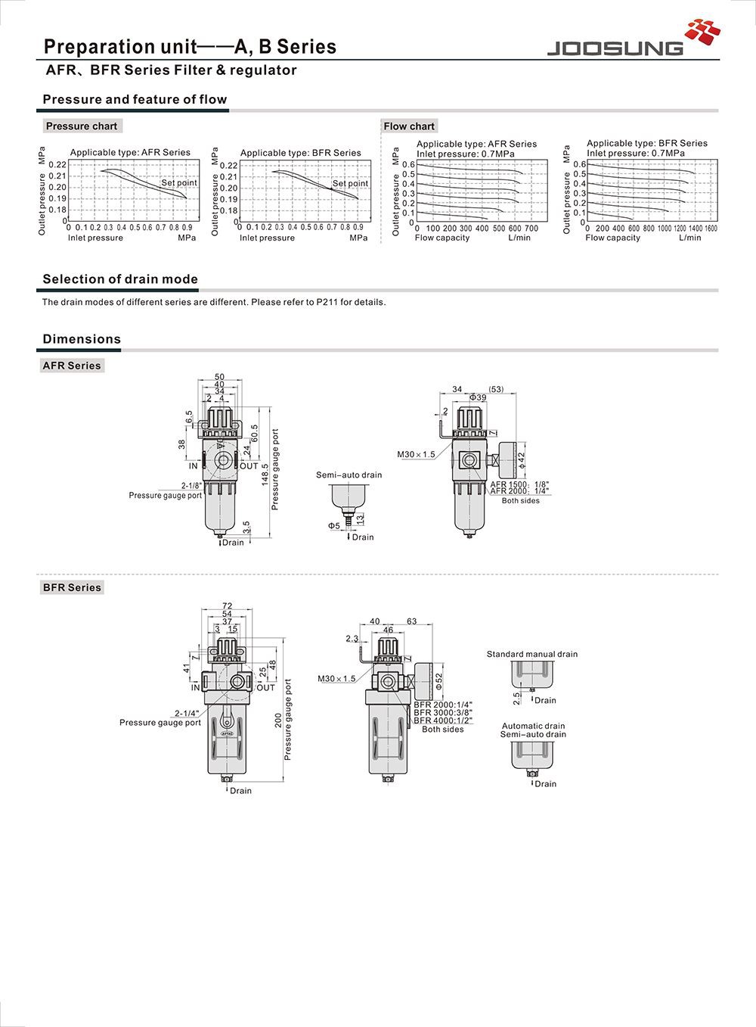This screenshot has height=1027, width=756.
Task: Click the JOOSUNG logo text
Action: point(614,48)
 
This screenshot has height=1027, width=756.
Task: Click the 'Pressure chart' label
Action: point(81,126)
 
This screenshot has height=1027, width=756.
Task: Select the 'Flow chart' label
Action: point(409,126)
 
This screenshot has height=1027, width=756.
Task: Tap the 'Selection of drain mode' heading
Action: point(120,279)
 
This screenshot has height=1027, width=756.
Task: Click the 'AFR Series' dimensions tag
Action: point(72,366)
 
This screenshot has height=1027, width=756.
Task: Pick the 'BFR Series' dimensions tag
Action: point(72,587)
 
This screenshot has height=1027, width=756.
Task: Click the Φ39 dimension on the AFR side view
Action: point(478,397)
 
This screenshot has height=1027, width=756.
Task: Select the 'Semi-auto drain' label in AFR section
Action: point(349,475)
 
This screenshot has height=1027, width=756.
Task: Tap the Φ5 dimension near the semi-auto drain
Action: point(333,525)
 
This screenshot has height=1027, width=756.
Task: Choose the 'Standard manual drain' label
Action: point(531,655)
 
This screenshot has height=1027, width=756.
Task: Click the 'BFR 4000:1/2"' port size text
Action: point(443,720)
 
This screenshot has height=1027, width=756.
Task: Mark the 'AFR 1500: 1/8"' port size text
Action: point(519,484)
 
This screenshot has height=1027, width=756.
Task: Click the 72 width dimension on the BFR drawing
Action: point(228,605)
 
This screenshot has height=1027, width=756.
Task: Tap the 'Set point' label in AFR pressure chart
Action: point(178,182)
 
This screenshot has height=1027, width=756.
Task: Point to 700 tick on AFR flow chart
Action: point(531,229)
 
